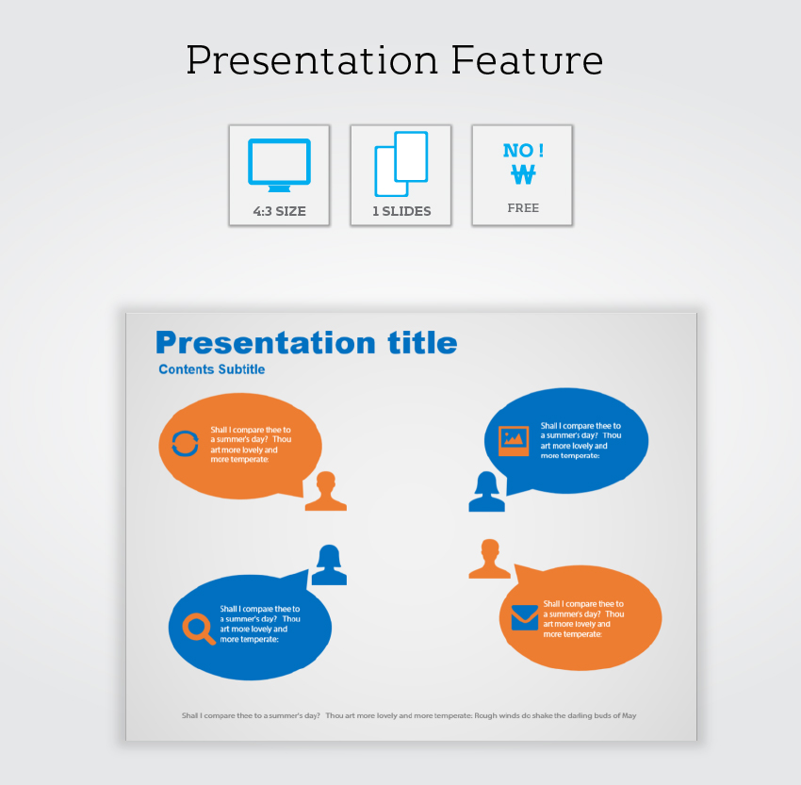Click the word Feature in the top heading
[527, 60]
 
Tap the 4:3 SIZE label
[280, 211]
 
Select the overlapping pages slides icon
[401, 164]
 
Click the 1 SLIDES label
[401, 211]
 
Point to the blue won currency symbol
[523, 174]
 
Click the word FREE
[523, 208]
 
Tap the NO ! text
[523, 150]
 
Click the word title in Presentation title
[422, 342]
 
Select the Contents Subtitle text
[211, 369]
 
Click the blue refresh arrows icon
[185, 443]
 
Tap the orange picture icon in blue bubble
[514, 440]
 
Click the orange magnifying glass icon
[199, 629]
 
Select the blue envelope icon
[525, 617]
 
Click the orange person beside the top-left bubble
[326, 491]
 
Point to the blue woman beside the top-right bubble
[487, 491]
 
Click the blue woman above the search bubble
[329, 564]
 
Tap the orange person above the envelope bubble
[489, 559]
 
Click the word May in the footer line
[629, 715]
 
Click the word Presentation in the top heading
[312, 60]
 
